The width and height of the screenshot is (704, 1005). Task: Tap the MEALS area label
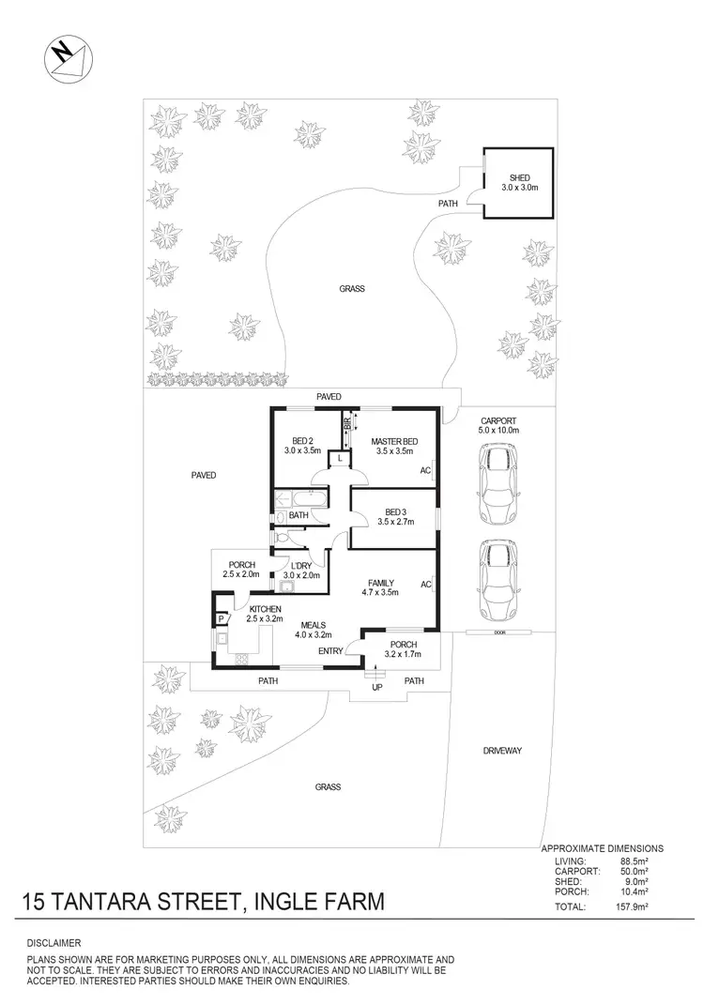coord(314,626)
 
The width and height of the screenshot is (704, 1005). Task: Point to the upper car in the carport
coord(497,484)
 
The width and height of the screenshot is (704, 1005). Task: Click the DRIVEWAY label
coord(502,751)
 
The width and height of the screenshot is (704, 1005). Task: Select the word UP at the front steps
coord(377,688)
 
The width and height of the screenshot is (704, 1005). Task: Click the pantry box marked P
coord(221,619)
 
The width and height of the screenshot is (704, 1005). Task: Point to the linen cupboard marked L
coord(339,458)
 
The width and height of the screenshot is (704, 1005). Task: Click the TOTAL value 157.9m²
coord(638,907)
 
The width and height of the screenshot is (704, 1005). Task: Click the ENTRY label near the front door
coord(330,650)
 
